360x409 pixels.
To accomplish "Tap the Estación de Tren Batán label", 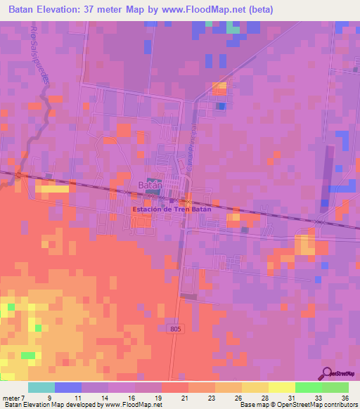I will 163,209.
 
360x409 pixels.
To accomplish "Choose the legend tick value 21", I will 184,398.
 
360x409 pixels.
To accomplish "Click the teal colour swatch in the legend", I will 41,387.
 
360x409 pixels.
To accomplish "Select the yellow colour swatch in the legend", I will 281,387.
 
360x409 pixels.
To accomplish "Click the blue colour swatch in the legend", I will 68,387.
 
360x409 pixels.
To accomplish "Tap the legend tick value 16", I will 130,398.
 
